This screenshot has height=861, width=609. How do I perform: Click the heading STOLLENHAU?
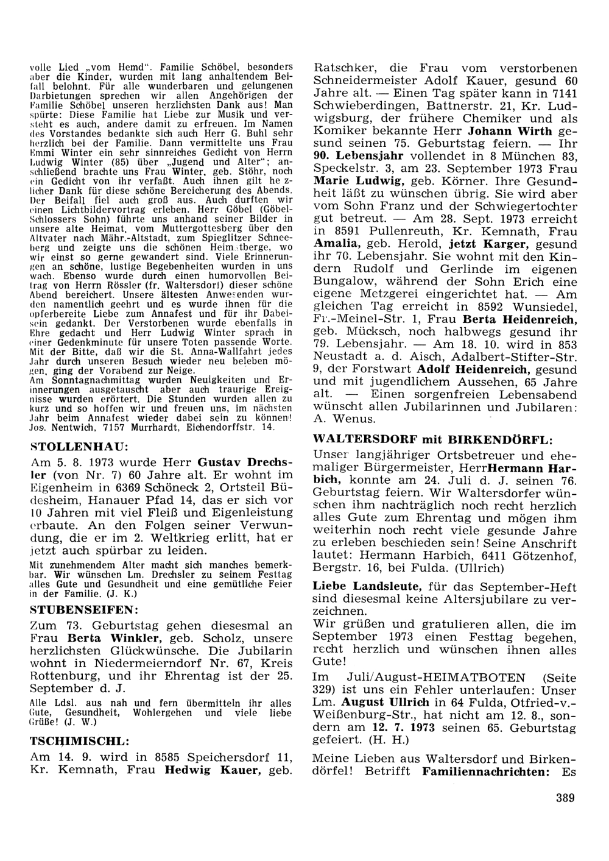pos(79,446)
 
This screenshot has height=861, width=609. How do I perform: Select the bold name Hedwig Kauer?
pos(214,770)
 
